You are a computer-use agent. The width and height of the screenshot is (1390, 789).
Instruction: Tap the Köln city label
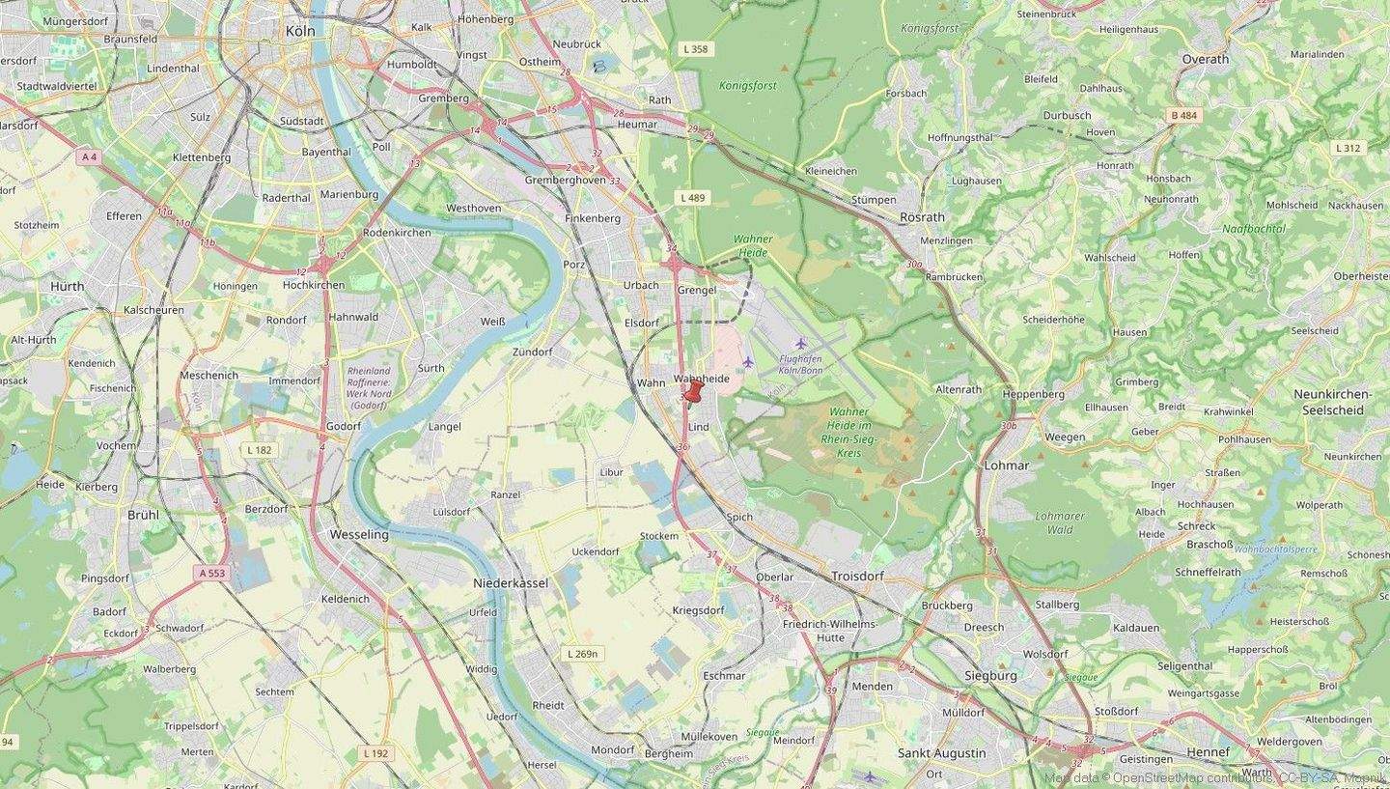(x=300, y=31)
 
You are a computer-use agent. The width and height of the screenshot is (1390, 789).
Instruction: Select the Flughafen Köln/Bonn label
(x=799, y=364)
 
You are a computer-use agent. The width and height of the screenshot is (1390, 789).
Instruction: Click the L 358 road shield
(x=694, y=48)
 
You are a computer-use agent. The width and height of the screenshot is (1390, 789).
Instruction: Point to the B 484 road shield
(x=1183, y=116)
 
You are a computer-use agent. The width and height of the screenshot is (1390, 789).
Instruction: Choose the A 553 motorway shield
(x=211, y=573)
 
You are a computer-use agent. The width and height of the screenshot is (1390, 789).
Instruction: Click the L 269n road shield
(x=582, y=654)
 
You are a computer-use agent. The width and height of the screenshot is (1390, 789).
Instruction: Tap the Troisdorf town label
(x=857, y=576)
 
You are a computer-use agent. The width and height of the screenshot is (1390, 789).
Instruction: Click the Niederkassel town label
(x=511, y=583)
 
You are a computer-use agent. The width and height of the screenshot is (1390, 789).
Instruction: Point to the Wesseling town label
(x=359, y=534)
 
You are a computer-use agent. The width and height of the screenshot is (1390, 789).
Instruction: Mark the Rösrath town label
(x=922, y=217)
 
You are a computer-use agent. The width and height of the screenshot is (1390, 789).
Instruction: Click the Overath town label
(x=1205, y=59)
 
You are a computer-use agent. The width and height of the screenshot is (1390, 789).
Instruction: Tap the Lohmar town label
(x=1006, y=465)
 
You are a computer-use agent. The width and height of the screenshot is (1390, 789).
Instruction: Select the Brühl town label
(x=143, y=515)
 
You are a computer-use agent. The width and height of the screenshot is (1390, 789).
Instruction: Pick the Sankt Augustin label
(x=941, y=753)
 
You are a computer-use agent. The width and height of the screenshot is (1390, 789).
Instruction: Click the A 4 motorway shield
(x=90, y=156)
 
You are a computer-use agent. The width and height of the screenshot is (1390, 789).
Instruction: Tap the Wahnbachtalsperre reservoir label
(x=1275, y=549)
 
